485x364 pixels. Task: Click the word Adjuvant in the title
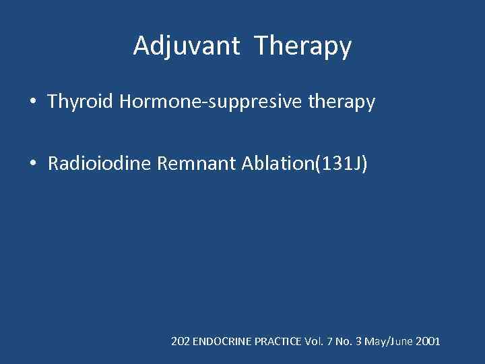[186, 47]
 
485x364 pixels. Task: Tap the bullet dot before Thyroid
[32, 102]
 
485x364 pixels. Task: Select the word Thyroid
[80, 102]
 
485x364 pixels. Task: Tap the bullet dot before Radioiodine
[32, 164]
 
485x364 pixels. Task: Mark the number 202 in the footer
[181, 342]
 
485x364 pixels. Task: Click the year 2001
[428, 342]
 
